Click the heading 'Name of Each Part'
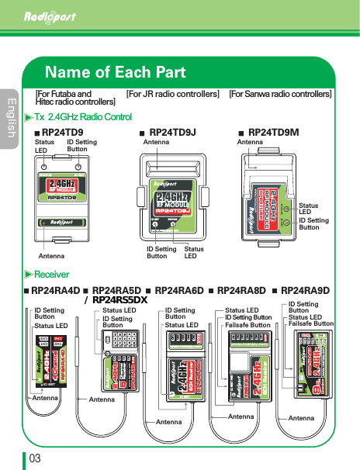(116, 73)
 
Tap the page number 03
(35, 458)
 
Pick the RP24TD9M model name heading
(273, 133)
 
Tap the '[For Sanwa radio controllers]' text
(280, 94)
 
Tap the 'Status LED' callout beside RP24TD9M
(310, 208)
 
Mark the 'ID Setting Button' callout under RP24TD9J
(161, 253)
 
